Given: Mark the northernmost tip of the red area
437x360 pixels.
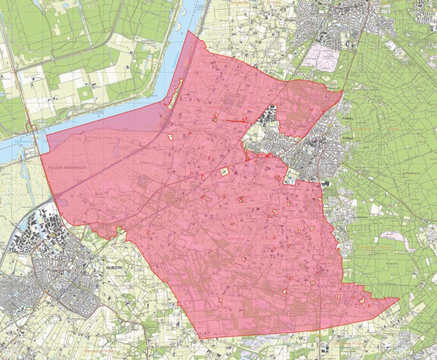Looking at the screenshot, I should point(188,31).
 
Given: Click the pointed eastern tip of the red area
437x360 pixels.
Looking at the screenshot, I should point(399,299).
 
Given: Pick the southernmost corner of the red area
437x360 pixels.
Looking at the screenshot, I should point(201,339).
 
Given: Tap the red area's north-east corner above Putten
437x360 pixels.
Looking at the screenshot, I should point(343,91).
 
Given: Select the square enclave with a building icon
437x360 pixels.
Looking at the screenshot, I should point(224,172).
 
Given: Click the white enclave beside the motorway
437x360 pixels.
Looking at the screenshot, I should point(170,137).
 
